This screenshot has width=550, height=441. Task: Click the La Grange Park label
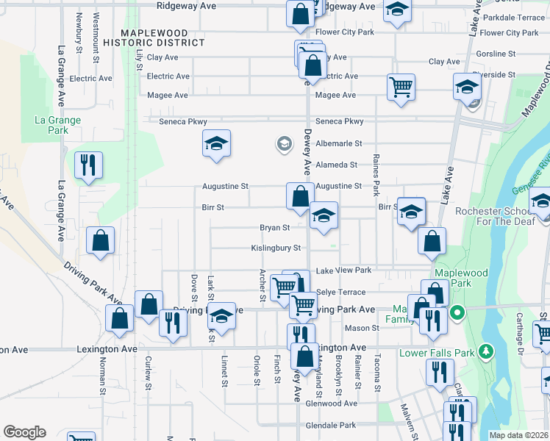pyautogui.click(x=57, y=125)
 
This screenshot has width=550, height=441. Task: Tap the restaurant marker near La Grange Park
pyautogui.click(x=88, y=165)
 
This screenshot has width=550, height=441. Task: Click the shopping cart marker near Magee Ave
pyautogui.click(x=401, y=87)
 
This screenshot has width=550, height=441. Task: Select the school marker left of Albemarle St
pyautogui.click(x=217, y=143)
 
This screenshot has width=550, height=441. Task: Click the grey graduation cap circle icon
pyautogui.click(x=284, y=143)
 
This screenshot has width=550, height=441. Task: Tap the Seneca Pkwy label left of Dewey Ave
pyautogui.click(x=184, y=122)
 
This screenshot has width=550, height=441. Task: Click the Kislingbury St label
pyautogui.click(x=276, y=248)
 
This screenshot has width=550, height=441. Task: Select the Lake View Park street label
pyautogui.click(x=343, y=271)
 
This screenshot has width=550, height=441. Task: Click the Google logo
pyautogui.click(x=24, y=432)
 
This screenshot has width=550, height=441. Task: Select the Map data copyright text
pyautogui.click(x=518, y=435)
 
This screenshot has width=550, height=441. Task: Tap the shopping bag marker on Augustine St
pyautogui.click(x=299, y=196)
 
